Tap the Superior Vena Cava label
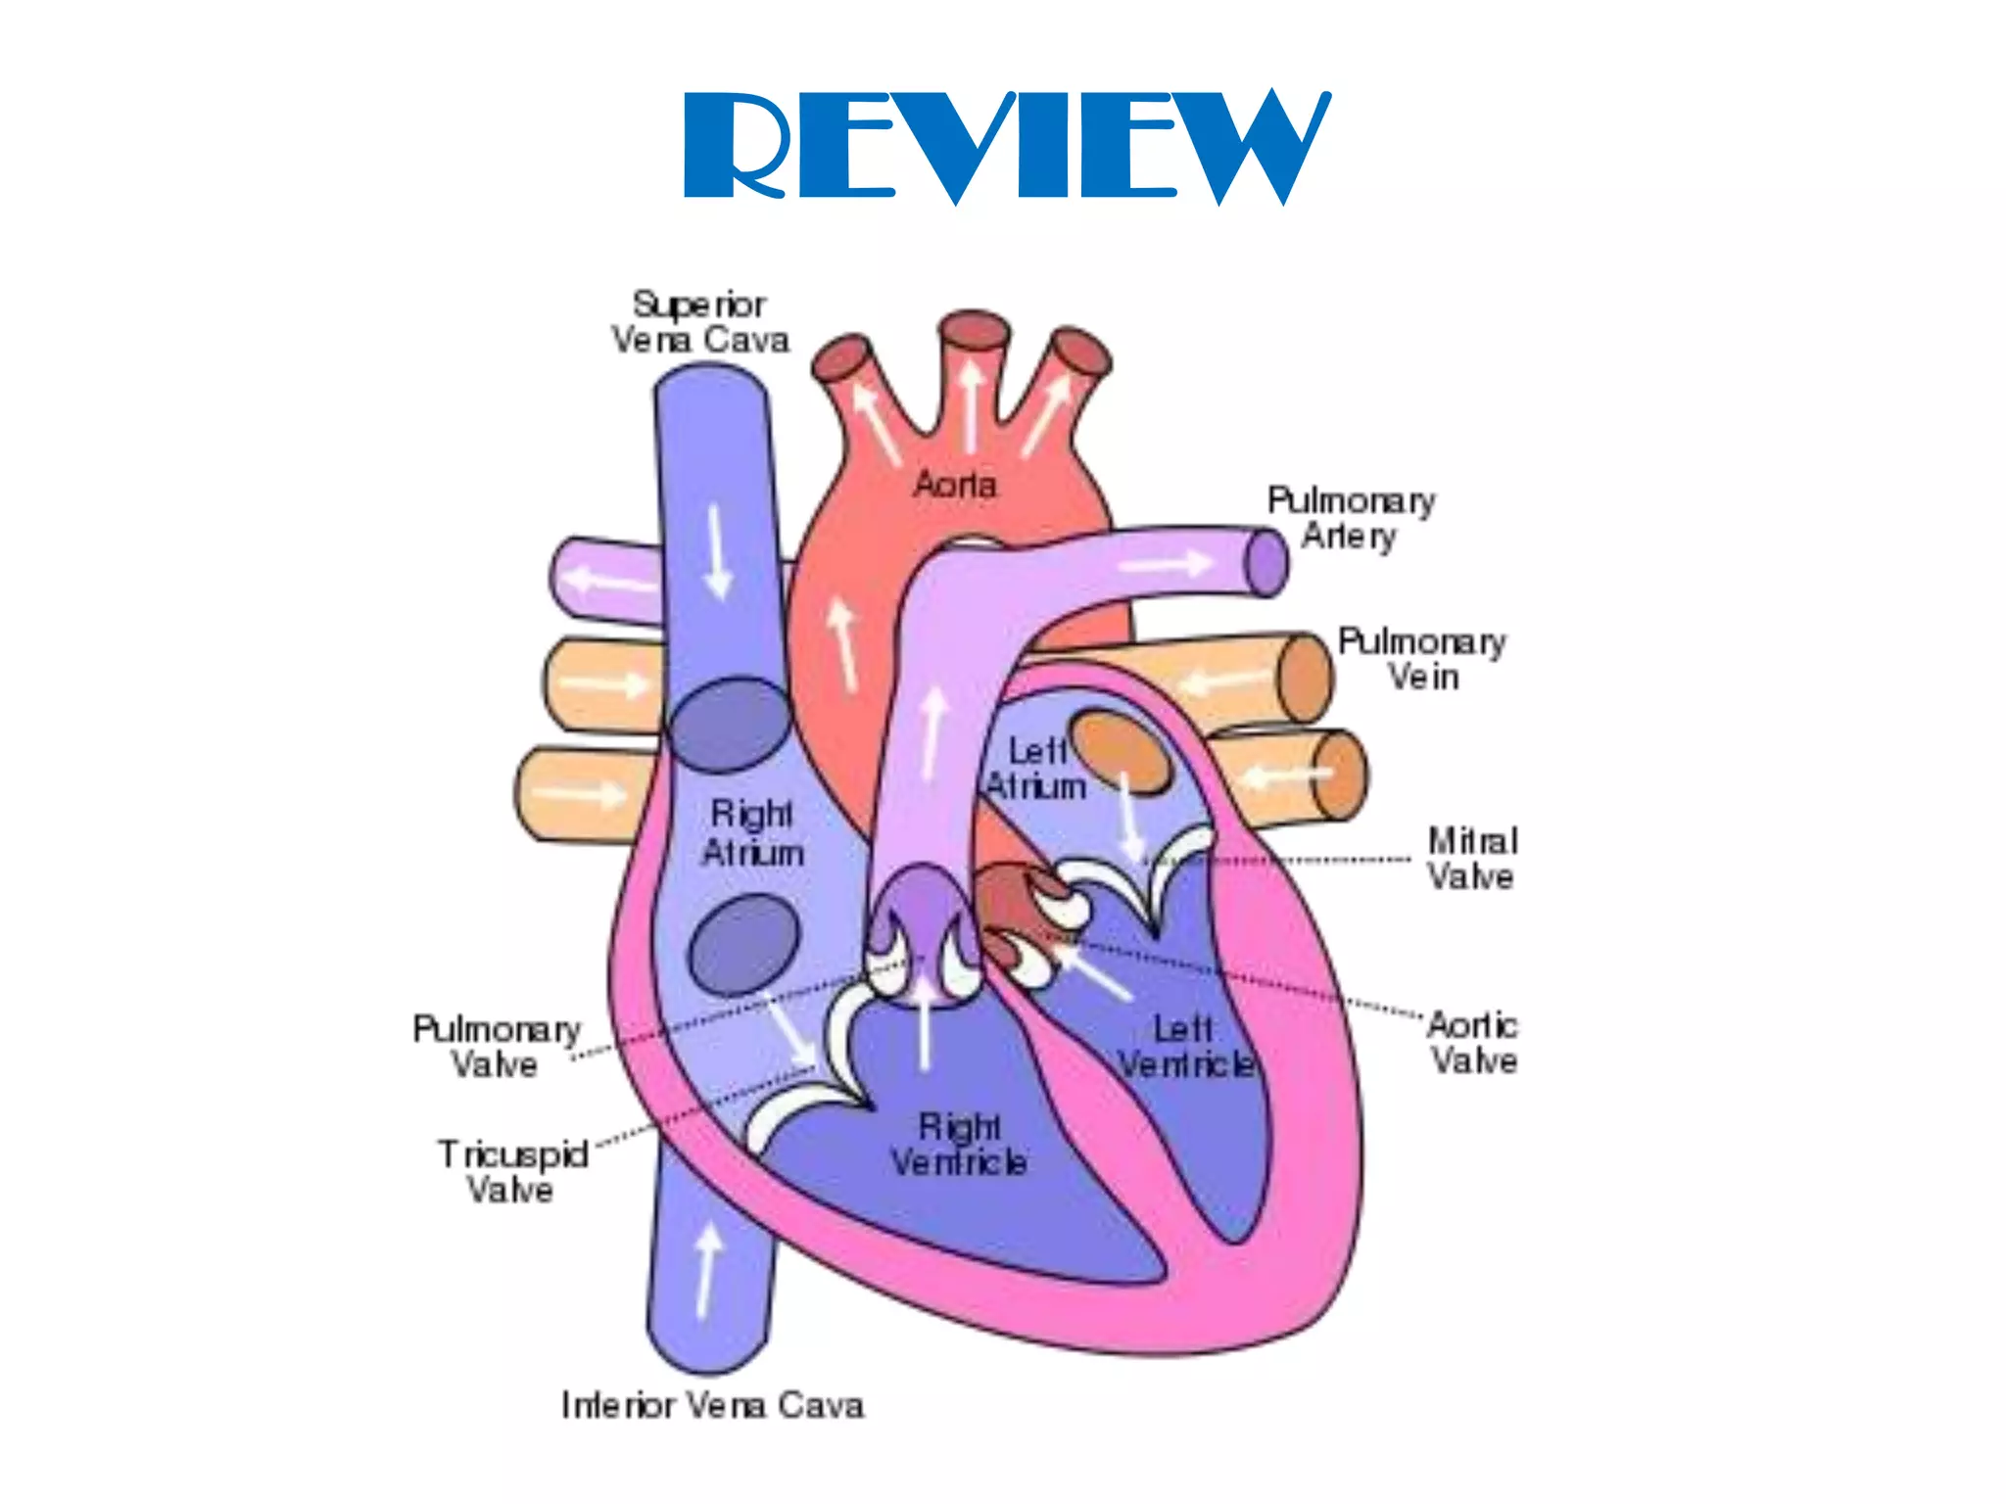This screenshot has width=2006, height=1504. pos(699,322)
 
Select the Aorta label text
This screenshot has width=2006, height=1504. pos(954,484)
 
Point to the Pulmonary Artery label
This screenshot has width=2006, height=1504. pos(1351,518)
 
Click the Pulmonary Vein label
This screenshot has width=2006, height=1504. pos(1422,659)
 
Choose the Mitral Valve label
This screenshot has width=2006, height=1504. pos(1471,858)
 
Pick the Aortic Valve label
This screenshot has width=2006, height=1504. pos(1472,1043)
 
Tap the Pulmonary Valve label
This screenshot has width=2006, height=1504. pos(496,1046)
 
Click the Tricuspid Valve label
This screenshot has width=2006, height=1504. pos(511,1171)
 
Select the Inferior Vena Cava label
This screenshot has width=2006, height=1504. pos(712,1405)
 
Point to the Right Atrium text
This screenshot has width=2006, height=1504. pos(752,832)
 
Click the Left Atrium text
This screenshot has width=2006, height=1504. pos(1036,770)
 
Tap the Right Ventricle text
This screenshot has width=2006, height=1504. pos(959,1145)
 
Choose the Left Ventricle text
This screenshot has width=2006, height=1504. pos(1185,1047)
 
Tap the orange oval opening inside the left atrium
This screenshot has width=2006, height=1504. pos(1121,751)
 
